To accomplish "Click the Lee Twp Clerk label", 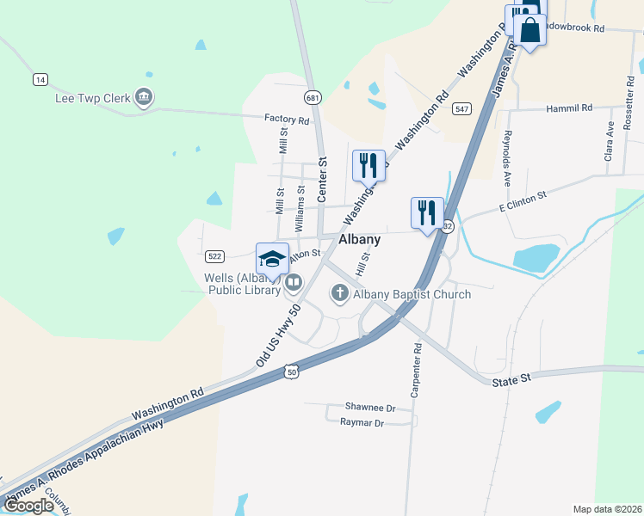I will click(x=94, y=98).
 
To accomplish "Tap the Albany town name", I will click(x=360, y=240).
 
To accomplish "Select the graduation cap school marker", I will click(x=272, y=259).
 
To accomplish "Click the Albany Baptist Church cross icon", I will click(x=339, y=294).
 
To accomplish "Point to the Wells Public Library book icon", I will click(x=294, y=282).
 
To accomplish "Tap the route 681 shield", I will click(x=312, y=98).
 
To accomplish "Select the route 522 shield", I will click(x=215, y=256).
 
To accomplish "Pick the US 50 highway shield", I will click(x=293, y=372).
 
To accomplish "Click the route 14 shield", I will click(x=40, y=79).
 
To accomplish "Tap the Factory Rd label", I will click(x=287, y=120).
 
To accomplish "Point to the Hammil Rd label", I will click(x=570, y=108).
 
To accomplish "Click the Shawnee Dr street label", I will click(x=369, y=408).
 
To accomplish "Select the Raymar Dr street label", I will click(x=362, y=423).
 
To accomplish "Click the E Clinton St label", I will click(x=523, y=200).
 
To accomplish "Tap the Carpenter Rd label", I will click(x=417, y=368).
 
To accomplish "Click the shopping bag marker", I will click(x=530, y=30).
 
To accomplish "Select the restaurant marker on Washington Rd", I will click(x=368, y=165).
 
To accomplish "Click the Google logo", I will click(x=28, y=506).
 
